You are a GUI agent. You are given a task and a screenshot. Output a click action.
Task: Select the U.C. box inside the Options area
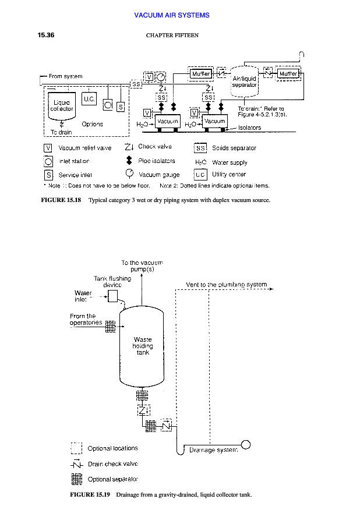coord(89,100)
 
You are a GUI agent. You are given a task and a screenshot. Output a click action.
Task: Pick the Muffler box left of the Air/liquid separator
coord(200,74)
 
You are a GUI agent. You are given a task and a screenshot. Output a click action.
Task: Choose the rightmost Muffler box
coord(288,74)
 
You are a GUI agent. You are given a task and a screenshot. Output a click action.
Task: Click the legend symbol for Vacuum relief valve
coord(49,148)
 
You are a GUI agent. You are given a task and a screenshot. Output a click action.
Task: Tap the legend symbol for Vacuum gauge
coord(129,174)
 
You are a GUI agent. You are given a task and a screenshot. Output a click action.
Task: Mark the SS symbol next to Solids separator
coord(200,148)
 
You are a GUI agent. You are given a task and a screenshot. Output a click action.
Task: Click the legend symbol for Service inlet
coord(49,174)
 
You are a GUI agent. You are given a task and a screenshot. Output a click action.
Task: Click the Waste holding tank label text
coord(143,345)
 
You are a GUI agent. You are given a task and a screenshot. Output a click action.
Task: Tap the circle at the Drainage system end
coord(246,445)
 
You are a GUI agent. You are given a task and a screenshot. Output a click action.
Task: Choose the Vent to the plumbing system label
coord(226,285)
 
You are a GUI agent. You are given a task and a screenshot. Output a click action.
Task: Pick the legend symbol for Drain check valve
coord(76,464)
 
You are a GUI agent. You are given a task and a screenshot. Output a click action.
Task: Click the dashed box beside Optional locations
coord(76,448)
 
